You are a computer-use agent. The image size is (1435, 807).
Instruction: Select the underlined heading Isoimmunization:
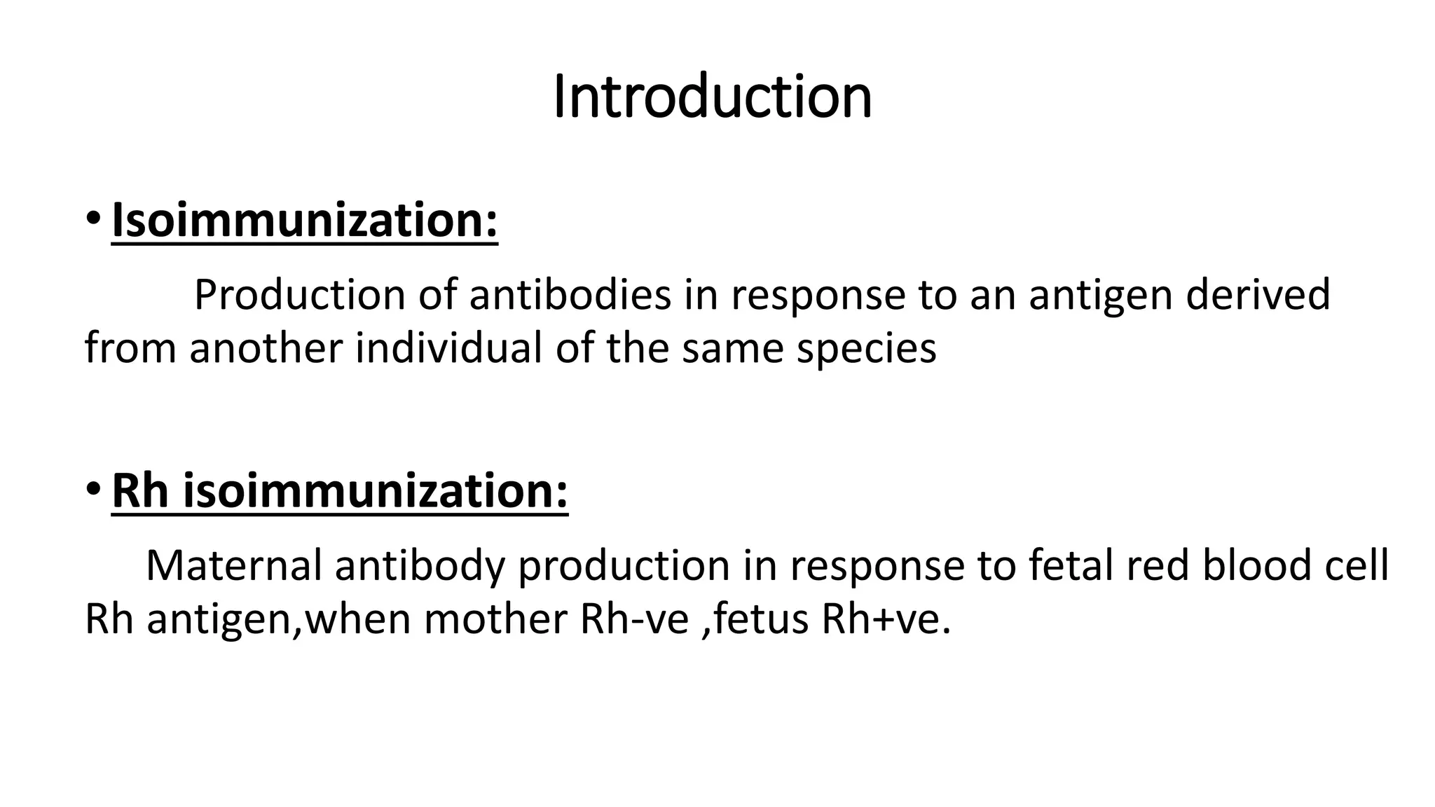[305, 220]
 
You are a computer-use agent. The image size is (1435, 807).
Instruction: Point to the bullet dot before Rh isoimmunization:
[92, 488]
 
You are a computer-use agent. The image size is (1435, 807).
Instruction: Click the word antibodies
[570, 294]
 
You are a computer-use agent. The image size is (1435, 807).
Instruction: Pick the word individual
[448, 347]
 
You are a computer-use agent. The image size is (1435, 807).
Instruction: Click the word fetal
[1071, 565]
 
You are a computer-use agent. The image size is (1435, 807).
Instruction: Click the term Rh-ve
[635, 619]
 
